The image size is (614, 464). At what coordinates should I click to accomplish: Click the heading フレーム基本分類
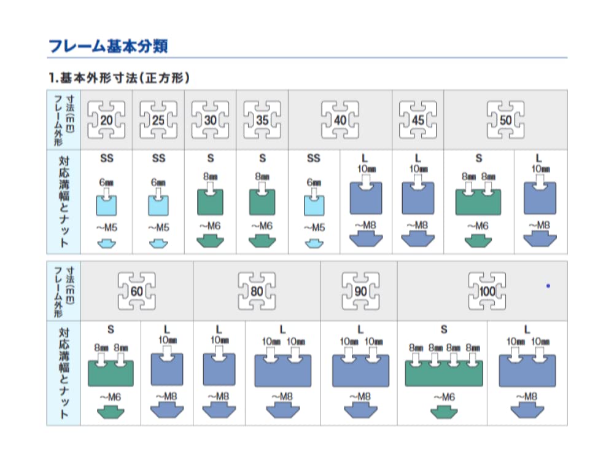(107, 45)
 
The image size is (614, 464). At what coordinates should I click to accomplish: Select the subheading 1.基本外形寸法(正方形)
(119, 79)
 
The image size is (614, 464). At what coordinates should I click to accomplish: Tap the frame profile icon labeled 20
(106, 120)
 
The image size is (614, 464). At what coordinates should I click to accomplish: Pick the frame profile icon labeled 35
(262, 120)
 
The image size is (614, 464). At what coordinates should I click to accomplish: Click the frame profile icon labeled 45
(418, 120)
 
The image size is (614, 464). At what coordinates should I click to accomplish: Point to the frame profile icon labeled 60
(136, 290)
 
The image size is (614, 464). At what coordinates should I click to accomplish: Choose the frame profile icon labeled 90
(359, 290)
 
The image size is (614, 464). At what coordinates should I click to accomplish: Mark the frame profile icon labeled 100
(488, 290)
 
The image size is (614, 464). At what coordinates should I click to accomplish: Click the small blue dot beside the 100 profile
(548, 286)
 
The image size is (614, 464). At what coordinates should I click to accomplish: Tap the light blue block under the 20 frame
(106, 203)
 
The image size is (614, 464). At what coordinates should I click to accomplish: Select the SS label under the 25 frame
(158, 159)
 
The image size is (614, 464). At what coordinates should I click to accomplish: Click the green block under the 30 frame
(210, 202)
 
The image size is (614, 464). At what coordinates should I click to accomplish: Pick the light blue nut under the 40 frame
(314, 243)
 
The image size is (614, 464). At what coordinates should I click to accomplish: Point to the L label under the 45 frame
(418, 159)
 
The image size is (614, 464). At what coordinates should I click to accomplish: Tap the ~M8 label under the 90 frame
(359, 396)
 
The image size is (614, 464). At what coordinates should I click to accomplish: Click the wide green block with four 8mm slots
(444, 372)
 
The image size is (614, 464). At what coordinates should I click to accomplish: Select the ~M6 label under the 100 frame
(444, 398)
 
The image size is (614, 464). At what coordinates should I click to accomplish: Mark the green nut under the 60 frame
(111, 412)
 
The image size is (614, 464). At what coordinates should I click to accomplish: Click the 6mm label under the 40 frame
(314, 183)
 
